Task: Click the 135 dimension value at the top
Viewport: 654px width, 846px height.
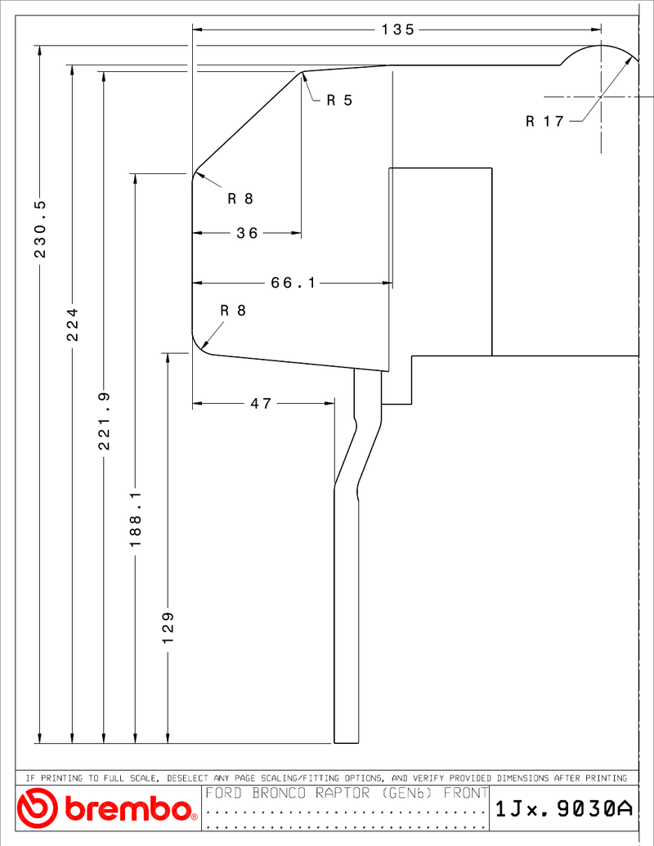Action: [397, 29]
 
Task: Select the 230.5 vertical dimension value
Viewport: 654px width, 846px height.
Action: [41, 229]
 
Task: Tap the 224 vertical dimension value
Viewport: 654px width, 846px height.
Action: [72, 325]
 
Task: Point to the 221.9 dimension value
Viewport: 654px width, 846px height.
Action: [104, 421]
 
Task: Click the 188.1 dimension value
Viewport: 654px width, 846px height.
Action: [136, 518]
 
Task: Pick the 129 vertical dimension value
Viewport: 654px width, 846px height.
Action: [168, 628]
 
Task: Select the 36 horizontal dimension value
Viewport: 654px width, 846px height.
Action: [247, 233]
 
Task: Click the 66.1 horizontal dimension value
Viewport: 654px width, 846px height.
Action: [293, 283]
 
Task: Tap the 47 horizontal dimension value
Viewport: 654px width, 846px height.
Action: [261, 404]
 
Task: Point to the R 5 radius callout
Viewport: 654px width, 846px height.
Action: [339, 101]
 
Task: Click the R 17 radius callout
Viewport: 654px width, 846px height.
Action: [545, 122]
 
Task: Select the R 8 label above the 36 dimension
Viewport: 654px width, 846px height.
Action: [240, 199]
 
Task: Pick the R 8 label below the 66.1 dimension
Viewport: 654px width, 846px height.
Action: [233, 311]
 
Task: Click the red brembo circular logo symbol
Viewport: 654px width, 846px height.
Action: [37, 808]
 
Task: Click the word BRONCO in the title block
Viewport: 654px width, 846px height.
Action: [279, 793]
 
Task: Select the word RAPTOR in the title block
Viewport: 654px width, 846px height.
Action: [343, 793]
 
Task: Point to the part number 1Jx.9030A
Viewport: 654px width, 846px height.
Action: [564, 808]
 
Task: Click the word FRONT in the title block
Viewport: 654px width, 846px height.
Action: [466, 793]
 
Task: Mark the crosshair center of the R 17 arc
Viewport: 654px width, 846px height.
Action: [601, 97]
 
